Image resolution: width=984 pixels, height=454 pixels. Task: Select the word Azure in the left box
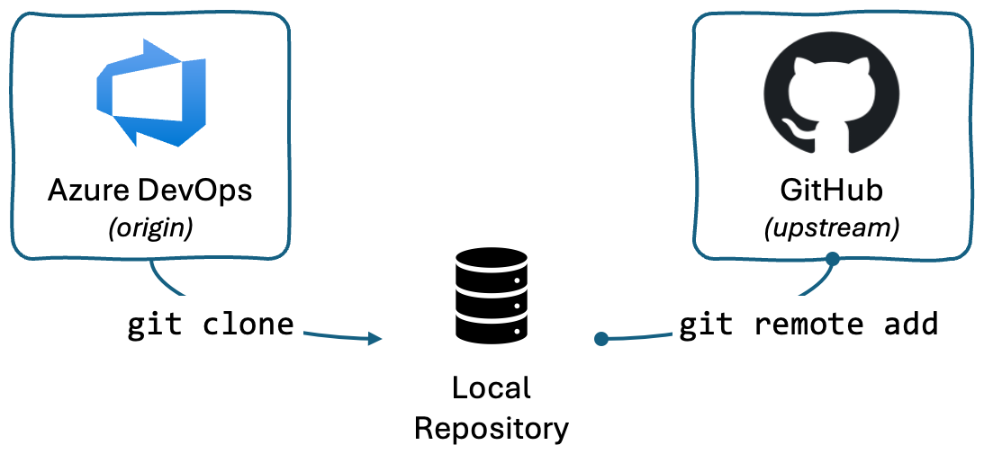tap(86, 191)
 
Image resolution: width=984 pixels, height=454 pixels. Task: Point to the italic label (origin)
tap(150, 228)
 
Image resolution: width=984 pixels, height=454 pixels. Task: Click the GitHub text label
tap(832, 191)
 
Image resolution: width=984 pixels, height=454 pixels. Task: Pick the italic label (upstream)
tap(832, 228)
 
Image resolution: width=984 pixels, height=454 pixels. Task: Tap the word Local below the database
tap(491, 388)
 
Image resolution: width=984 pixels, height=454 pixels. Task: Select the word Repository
tap(491, 428)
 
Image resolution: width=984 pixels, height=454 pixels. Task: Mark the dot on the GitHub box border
tap(833, 259)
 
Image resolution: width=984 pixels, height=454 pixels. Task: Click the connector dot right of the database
tap(601, 339)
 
